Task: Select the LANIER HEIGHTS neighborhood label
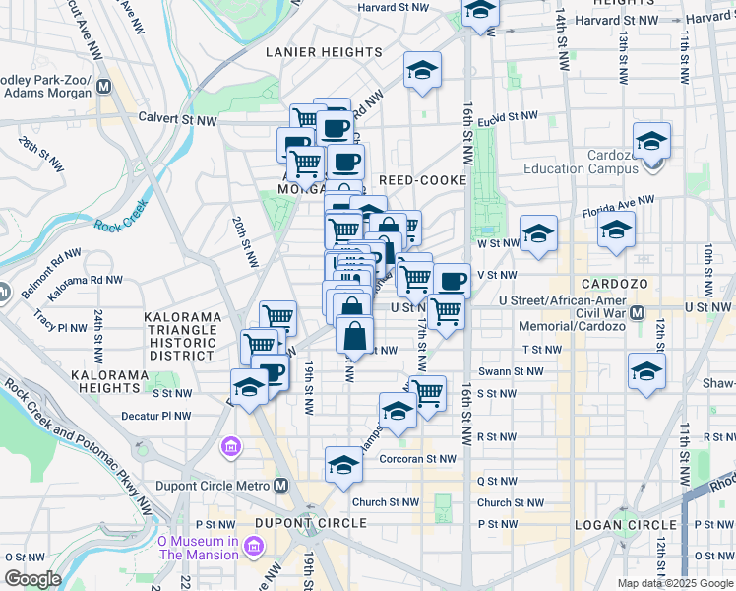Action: pos(324,52)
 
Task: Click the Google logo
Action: pos(32,579)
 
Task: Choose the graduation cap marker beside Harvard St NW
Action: pos(479,12)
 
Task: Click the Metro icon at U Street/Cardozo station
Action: pos(637,313)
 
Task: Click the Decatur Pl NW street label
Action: pos(154,417)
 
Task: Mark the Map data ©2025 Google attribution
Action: pos(674,583)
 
